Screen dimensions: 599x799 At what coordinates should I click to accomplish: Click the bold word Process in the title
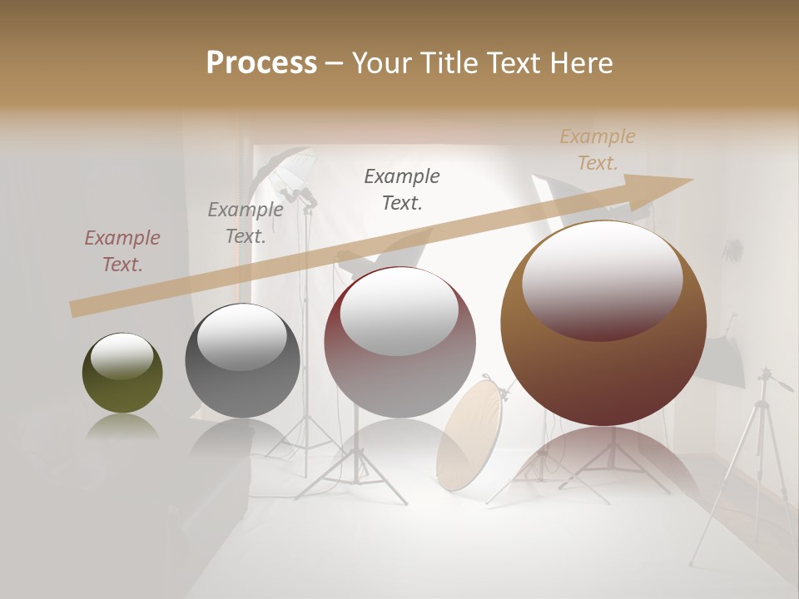pyautogui.click(x=261, y=62)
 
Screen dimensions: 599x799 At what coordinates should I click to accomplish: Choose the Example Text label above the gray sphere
pyautogui.click(x=246, y=223)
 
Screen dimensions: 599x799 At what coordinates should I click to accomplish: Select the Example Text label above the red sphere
pyautogui.click(x=402, y=189)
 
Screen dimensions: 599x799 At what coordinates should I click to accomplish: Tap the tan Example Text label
pyautogui.click(x=598, y=150)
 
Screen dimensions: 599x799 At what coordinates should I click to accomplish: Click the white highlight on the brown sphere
pyautogui.click(x=602, y=279)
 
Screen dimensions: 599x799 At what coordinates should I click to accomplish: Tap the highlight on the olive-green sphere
pyautogui.click(x=122, y=357)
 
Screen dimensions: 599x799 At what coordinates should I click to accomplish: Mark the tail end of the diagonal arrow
pyautogui.click(x=75, y=309)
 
